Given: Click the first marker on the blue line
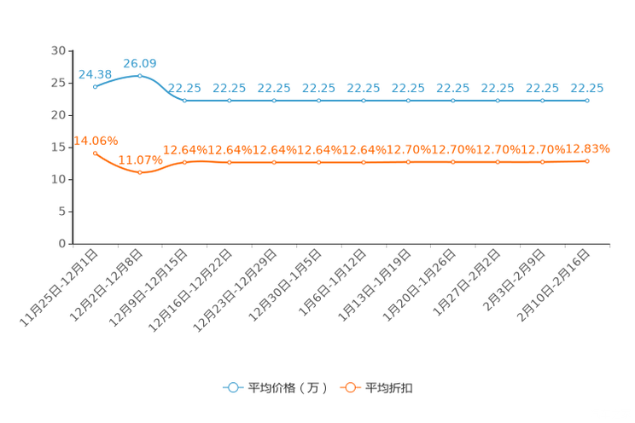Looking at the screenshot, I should coord(95,85).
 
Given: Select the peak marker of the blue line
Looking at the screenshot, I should coord(140,75).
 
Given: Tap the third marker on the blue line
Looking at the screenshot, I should coord(184,100).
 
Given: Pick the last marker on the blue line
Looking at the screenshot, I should coord(586,100).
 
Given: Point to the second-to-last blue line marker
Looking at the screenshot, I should coord(542,100).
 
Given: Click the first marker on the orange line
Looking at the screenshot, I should coord(95,152).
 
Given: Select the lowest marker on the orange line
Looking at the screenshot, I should coord(140,173).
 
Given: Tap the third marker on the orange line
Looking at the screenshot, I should coord(184,162).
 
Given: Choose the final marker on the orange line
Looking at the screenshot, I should coord(586,160).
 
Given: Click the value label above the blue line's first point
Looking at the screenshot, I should coord(94,74).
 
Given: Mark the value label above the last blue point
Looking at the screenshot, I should coord(587,88).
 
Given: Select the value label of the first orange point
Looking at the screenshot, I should coord(96,141).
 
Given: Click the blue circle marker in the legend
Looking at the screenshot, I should coord(232,388).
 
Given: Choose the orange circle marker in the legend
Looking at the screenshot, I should coord(349,388).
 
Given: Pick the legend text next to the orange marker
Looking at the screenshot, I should coord(390,388).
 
